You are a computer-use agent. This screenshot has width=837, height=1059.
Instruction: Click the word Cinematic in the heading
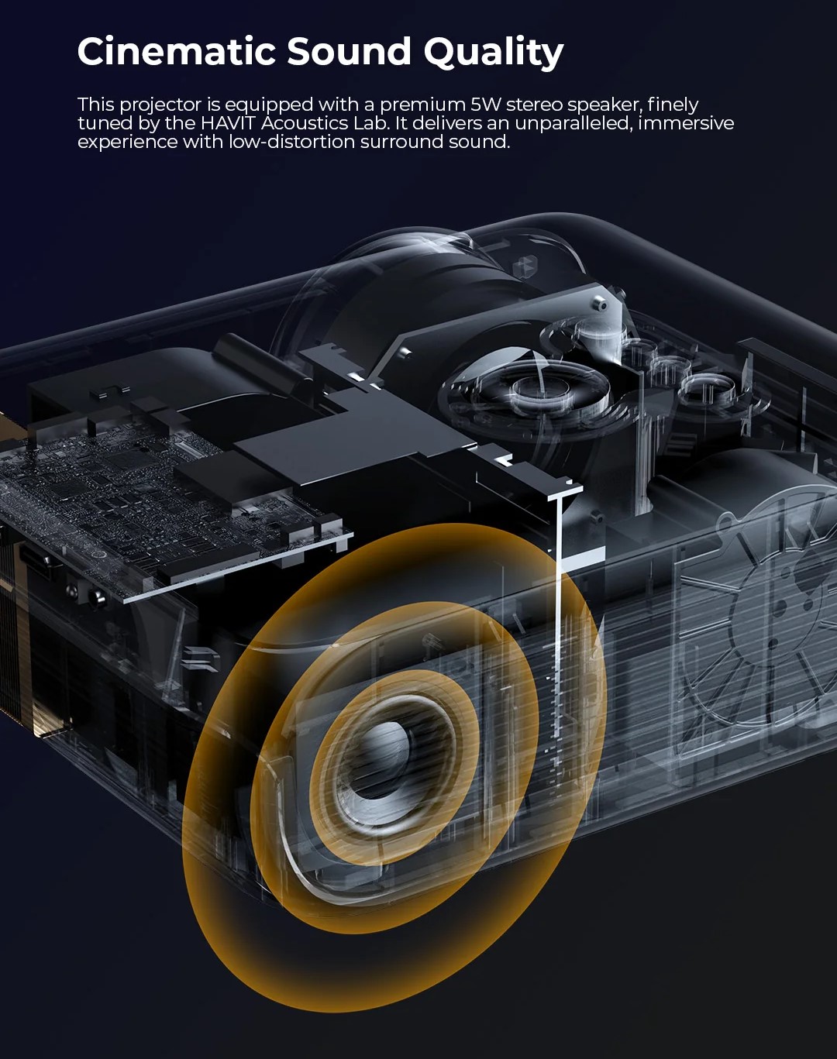point(176,51)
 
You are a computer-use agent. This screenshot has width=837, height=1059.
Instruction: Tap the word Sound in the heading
point(349,51)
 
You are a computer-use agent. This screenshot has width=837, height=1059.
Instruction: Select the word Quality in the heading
point(494,53)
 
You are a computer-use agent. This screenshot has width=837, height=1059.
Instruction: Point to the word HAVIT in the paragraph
point(229,123)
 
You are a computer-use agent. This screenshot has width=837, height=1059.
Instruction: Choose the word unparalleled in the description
point(573,124)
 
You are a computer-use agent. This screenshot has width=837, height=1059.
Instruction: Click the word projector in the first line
point(161,105)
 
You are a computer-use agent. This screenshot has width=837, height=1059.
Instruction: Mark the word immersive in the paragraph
point(686,123)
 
